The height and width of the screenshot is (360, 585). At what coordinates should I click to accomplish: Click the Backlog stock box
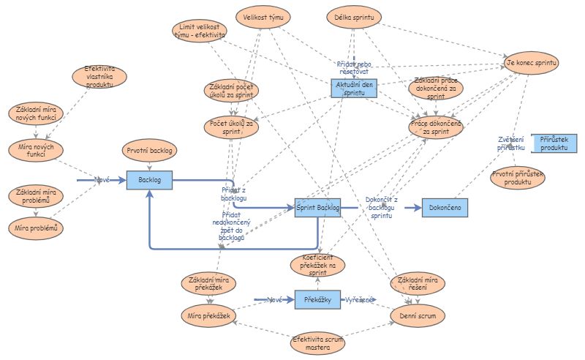[149, 179]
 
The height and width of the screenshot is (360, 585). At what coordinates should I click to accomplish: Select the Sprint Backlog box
[318, 208]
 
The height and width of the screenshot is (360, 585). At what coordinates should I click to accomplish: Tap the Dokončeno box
[445, 208]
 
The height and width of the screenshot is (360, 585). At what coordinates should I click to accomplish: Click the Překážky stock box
[318, 300]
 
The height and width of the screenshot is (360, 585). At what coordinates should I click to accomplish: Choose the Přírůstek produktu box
[554, 143]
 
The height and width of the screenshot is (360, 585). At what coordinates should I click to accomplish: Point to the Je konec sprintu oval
[532, 64]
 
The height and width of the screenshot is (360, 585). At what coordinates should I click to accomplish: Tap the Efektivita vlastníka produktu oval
[99, 77]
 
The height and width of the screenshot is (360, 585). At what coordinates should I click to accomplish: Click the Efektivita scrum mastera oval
[317, 343]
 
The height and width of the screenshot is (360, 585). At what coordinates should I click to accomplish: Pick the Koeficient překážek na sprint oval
[318, 264]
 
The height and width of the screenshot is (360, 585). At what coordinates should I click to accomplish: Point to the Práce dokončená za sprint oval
[436, 127]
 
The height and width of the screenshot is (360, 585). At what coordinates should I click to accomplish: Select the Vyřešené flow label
[360, 300]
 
